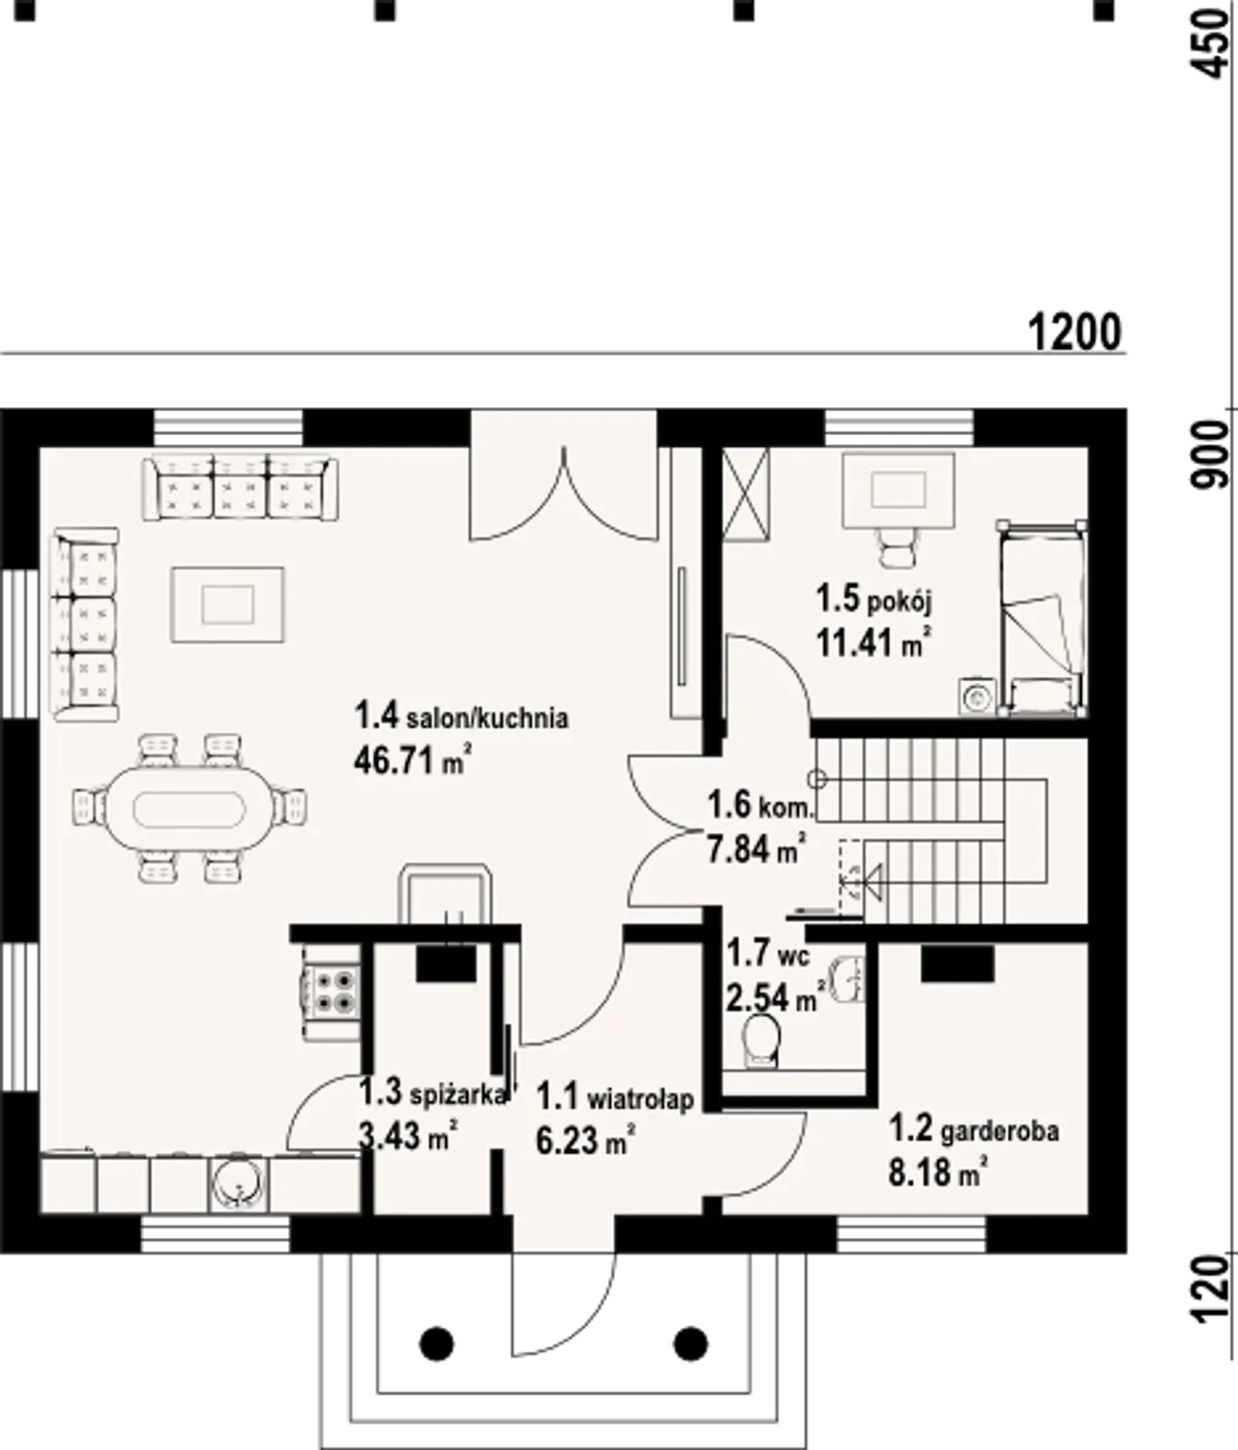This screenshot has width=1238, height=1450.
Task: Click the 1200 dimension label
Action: [1075, 333]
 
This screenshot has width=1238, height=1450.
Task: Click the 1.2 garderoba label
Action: [974, 1131]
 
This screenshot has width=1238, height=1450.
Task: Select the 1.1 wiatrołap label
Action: [615, 1098]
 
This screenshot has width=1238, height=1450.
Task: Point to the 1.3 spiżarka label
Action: [432, 1092]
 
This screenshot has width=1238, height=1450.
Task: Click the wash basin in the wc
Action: [849, 979]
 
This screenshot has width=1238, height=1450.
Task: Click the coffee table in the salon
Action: [228, 605]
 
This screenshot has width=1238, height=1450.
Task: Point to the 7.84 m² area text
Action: [755, 850]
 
